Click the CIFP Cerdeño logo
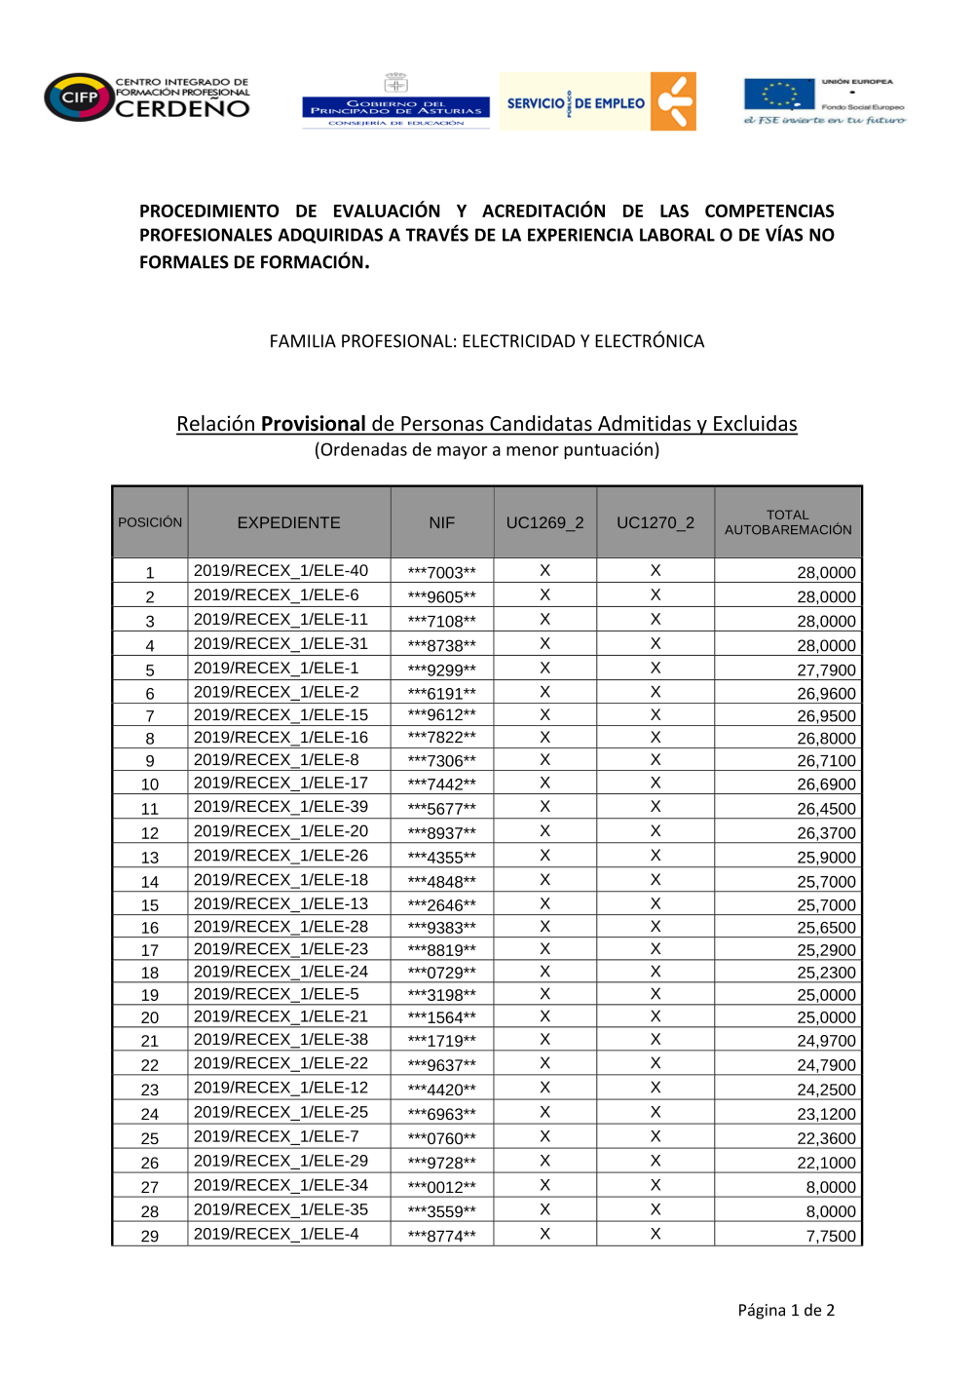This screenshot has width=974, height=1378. (147, 97)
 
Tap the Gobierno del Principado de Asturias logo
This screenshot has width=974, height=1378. (395, 101)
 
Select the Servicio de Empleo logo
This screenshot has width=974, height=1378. (598, 101)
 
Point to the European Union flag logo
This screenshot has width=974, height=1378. (779, 96)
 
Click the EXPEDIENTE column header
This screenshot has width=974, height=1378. (288, 522)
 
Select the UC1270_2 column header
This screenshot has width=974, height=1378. (656, 522)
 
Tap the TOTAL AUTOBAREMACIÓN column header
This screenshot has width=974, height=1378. (788, 522)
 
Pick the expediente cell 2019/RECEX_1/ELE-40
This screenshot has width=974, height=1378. (281, 571)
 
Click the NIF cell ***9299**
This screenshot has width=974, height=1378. (442, 670)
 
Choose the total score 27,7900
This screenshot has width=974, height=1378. (826, 670)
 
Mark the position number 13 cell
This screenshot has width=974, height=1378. (150, 858)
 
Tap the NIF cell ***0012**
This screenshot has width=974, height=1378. (442, 1187)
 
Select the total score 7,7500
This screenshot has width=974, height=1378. (831, 1236)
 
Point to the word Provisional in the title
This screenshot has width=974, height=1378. (313, 424)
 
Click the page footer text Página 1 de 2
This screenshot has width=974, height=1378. (786, 1310)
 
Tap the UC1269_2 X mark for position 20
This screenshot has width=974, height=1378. (544, 1016)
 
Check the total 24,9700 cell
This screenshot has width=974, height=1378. (826, 1041)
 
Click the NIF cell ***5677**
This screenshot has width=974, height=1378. (442, 809)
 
